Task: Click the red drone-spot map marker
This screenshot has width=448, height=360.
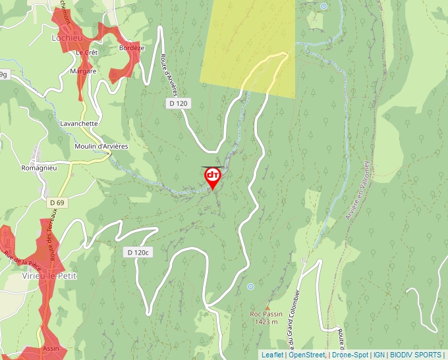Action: pyautogui.click(x=213, y=176)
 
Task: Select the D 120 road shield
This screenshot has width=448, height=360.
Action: pyautogui.click(x=177, y=103)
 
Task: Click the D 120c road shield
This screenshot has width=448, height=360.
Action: pyautogui.click(x=138, y=252)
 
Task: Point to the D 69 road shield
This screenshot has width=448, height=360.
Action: pyautogui.click(x=57, y=203)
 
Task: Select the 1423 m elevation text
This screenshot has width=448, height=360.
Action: pyautogui.click(x=267, y=322)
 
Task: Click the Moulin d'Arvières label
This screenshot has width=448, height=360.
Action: pyautogui.click(x=101, y=146)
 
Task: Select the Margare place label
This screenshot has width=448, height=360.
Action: pyautogui.click(x=84, y=71)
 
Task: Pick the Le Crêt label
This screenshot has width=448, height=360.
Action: pyautogui.click(x=86, y=53)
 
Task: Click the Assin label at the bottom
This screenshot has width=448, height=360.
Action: pyautogui.click(x=51, y=348)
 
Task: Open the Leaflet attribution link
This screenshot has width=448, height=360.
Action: pyautogui.click(x=272, y=355)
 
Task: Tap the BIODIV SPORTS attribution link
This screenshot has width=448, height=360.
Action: pyautogui.click(x=416, y=355)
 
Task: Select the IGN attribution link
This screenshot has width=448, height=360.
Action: pyautogui.click(x=379, y=355)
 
